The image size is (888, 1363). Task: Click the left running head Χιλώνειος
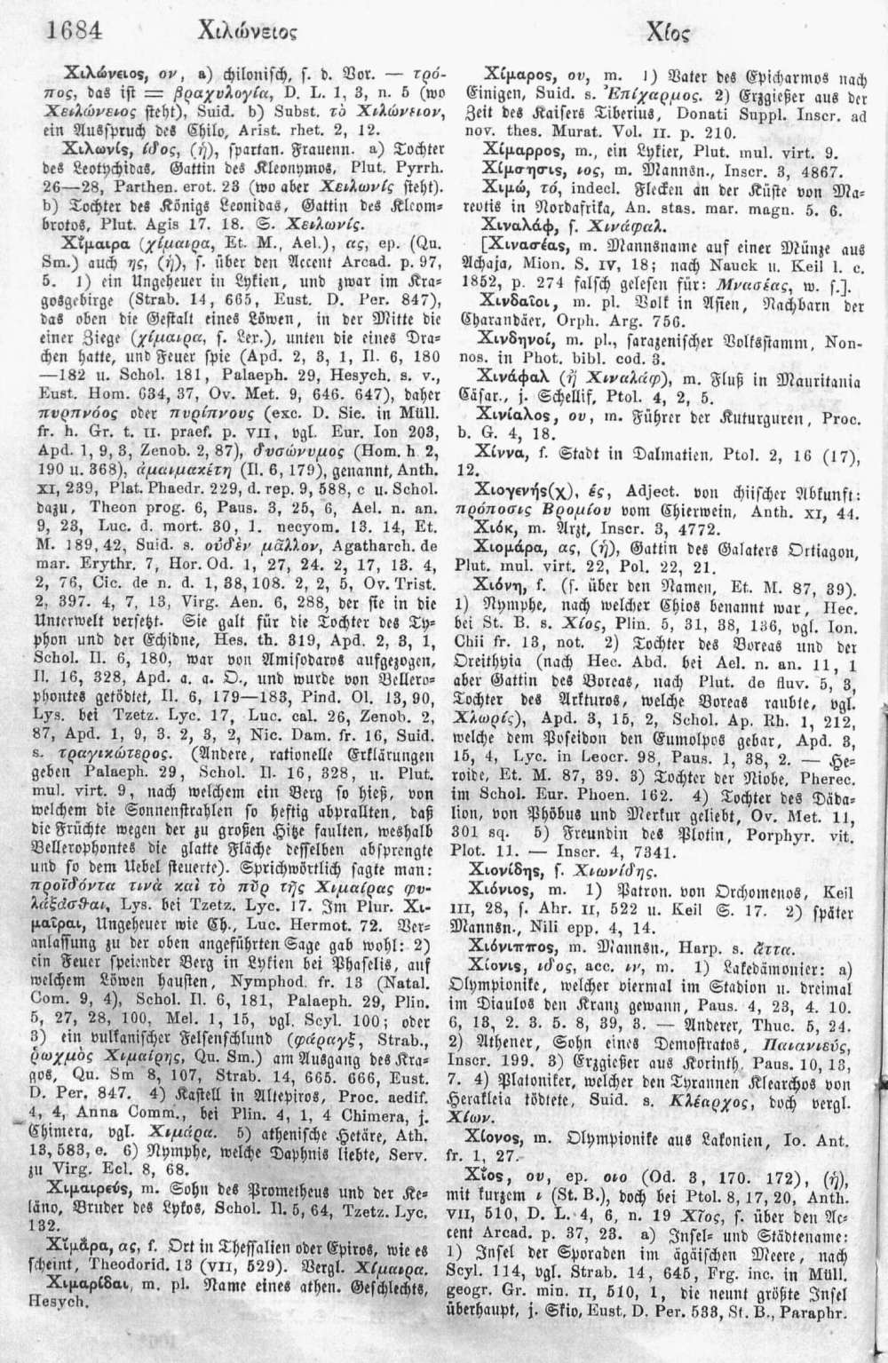(253, 34)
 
